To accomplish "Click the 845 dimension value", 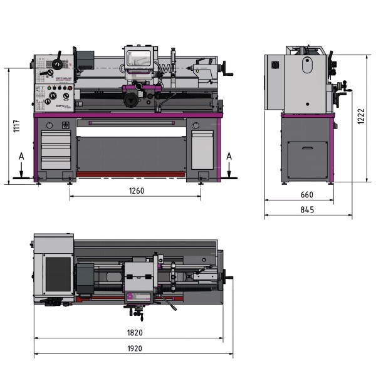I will (307, 209).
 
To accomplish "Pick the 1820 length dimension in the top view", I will (133, 333).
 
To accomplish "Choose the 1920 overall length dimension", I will (133, 348).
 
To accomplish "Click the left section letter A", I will (21, 155).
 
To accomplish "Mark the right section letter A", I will (229, 155).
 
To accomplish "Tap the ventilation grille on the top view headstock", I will (58, 276).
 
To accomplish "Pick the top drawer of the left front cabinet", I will (55, 138).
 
